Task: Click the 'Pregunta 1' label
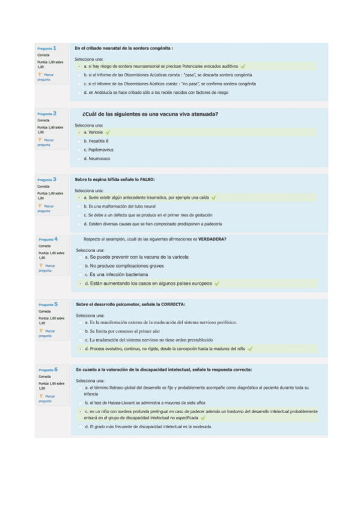coord(47,48)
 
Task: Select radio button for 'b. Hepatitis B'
coord(79,141)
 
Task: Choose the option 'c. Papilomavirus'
coord(79,150)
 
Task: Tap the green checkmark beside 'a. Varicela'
coord(108,132)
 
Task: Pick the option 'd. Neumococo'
coord(79,159)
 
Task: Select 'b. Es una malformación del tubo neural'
coord(79,206)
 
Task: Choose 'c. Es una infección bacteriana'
coord(80,274)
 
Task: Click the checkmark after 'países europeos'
coord(216,283)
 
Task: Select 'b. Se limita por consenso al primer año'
coord(80,331)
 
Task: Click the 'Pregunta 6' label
coord(48,370)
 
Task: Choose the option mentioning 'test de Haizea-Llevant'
coord(80,402)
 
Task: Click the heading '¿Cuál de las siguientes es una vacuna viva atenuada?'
coord(150,114)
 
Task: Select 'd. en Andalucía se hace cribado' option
coord(79,93)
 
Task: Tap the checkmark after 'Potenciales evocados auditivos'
coord(243,66)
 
